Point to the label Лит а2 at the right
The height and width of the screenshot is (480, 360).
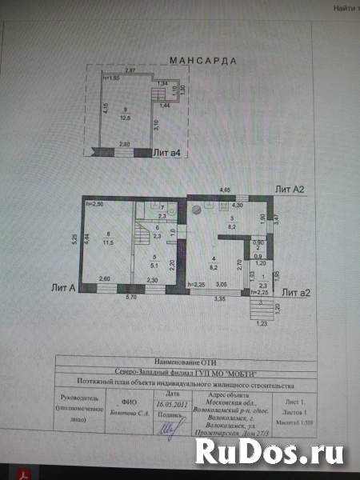point(295,293)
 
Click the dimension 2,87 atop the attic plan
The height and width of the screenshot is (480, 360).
point(130,71)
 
